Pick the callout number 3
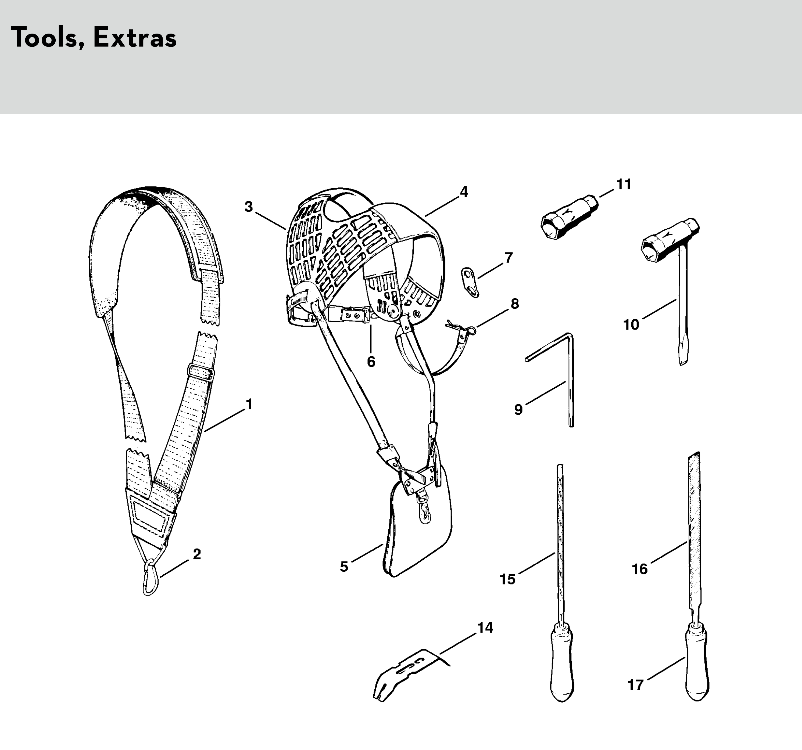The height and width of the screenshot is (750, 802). click(249, 207)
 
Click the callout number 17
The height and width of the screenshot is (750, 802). click(635, 685)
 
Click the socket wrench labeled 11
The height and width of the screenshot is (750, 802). click(569, 218)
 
